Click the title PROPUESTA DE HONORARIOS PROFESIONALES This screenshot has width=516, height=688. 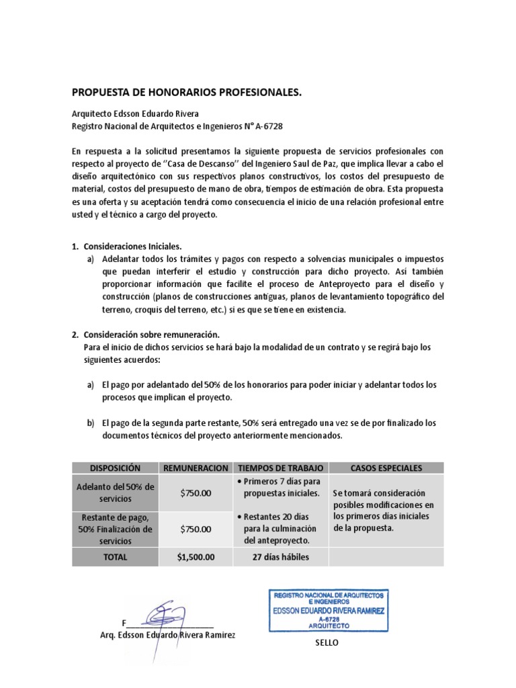[187, 92]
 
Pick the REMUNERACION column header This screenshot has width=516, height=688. [196, 467]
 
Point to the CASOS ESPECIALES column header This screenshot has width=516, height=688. [386, 467]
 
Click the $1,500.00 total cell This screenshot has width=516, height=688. [196, 556]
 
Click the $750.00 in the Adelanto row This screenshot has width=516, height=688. [196, 493]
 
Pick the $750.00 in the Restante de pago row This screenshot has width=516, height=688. [196, 529]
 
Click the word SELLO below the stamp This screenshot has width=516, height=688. [327, 643]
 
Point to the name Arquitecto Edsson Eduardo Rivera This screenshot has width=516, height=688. [136, 113]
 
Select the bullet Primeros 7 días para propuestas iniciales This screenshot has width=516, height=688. [279, 488]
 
